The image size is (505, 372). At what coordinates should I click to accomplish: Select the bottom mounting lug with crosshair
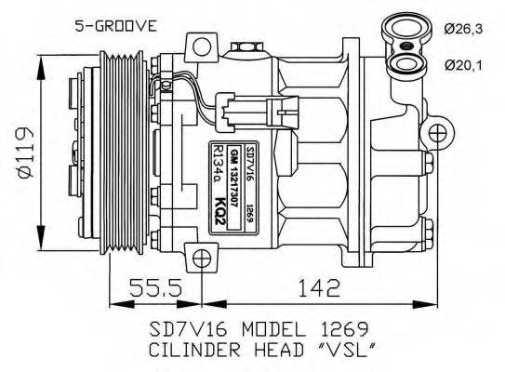199,258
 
